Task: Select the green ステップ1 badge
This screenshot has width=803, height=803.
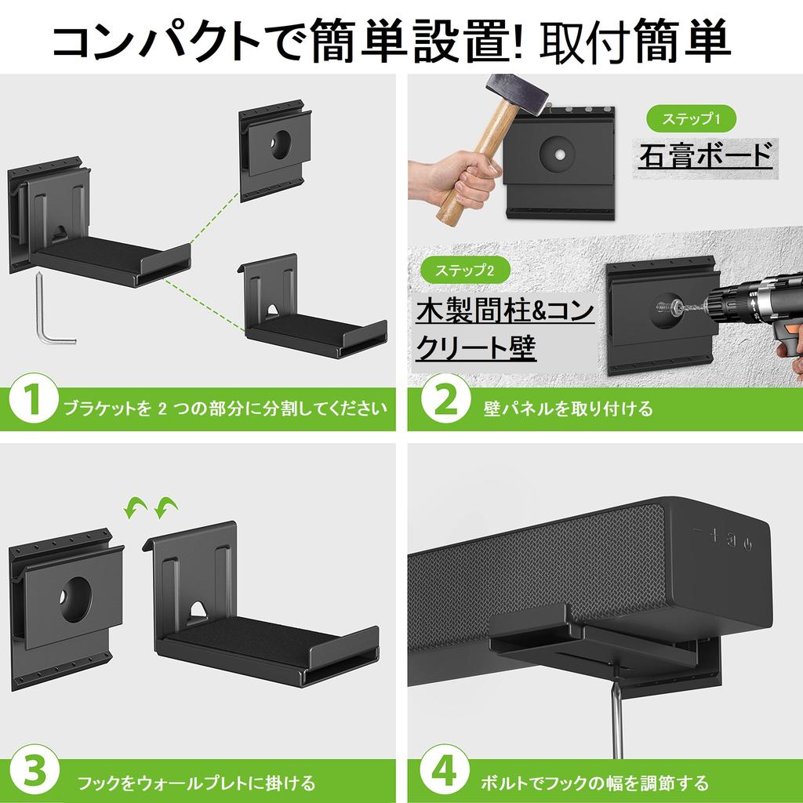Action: [690, 119]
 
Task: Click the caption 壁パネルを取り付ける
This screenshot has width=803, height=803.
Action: [569, 409]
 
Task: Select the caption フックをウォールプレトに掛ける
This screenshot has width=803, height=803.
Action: [196, 782]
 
